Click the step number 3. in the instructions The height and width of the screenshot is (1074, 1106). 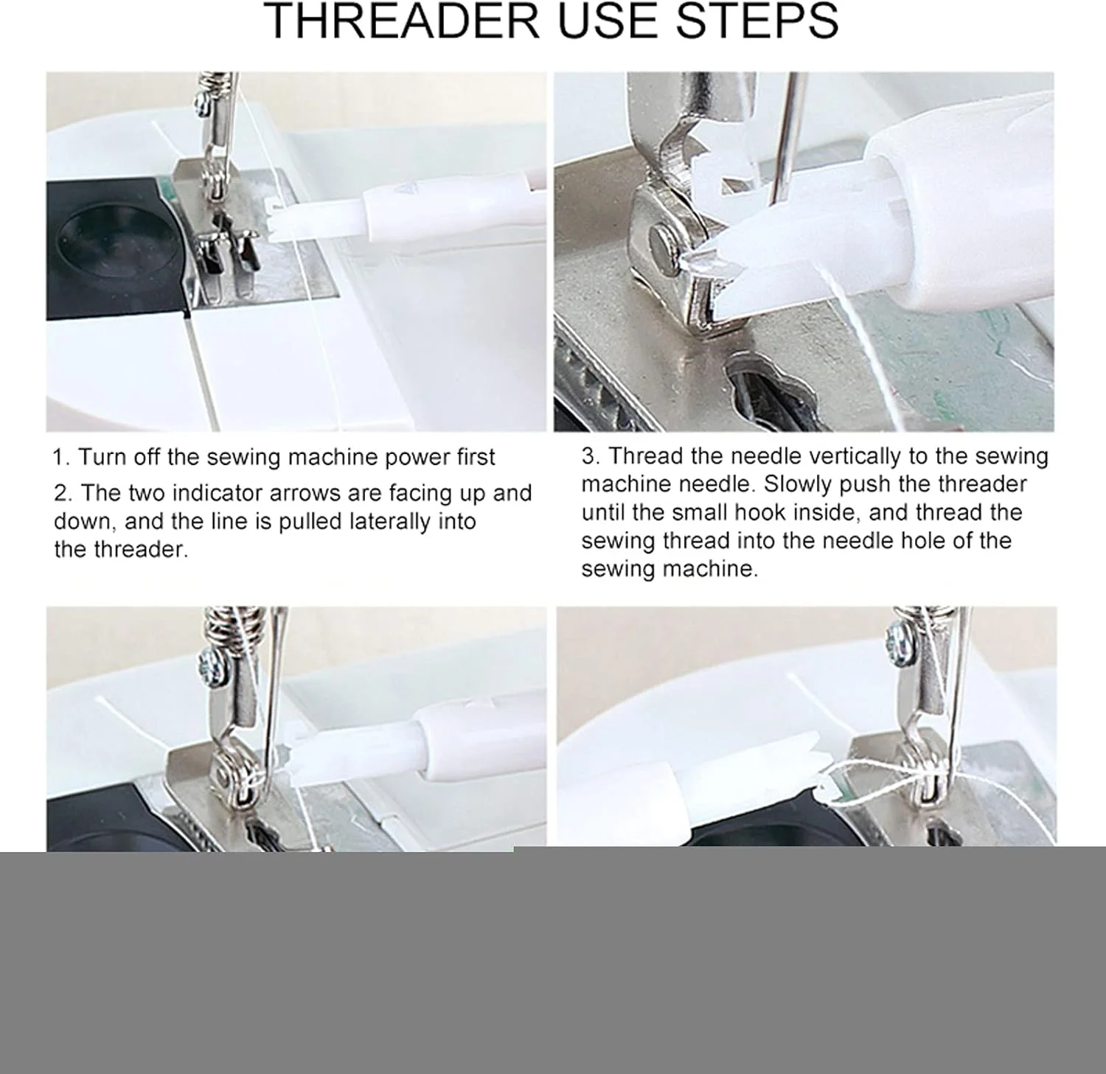[591, 456]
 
